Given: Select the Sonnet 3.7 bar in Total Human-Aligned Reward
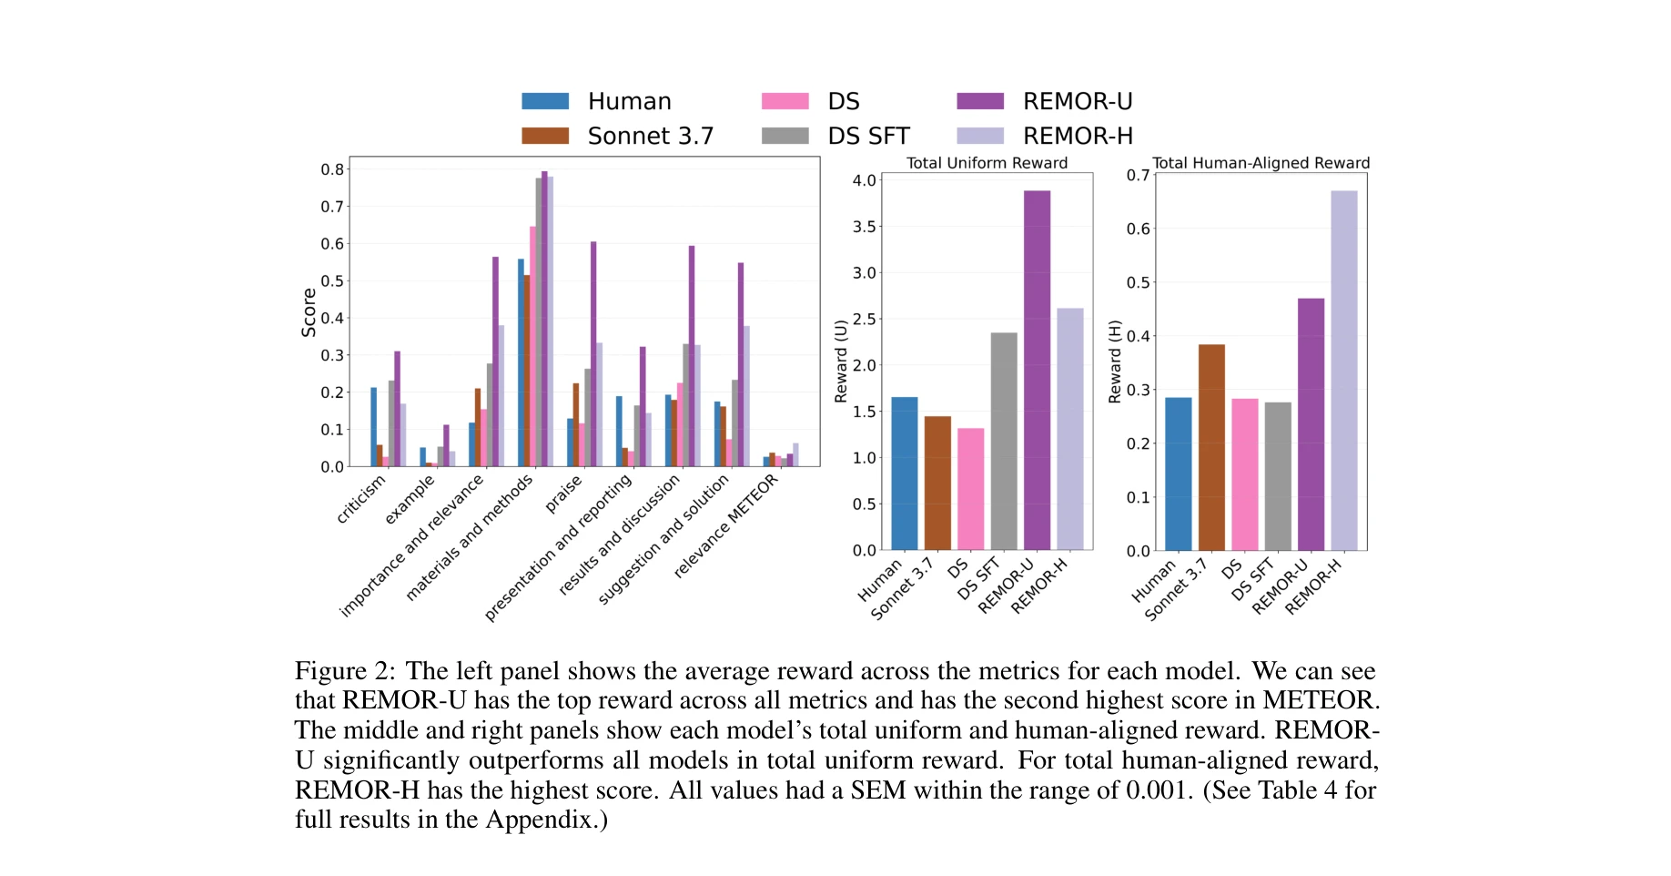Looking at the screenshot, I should [1211, 447].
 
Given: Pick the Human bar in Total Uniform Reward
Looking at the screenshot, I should [905, 474].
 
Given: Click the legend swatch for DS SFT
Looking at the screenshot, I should [785, 136].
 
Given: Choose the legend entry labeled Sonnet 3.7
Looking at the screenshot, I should [650, 136].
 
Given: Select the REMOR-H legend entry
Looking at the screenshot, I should [1078, 136].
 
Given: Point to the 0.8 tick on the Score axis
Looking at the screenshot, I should [332, 169].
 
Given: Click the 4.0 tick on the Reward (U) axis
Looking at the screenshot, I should [864, 180].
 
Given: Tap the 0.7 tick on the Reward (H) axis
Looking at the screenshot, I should [1138, 175].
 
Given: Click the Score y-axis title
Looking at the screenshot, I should [309, 312].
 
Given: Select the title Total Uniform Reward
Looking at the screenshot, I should [987, 163].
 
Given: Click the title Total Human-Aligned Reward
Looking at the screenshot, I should [1261, 163].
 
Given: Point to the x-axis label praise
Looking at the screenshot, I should [564, 494].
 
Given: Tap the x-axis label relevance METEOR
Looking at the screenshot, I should [727, 525].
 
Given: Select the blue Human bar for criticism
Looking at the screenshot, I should [373, 427].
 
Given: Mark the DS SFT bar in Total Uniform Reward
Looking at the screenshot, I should [1003, 441].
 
